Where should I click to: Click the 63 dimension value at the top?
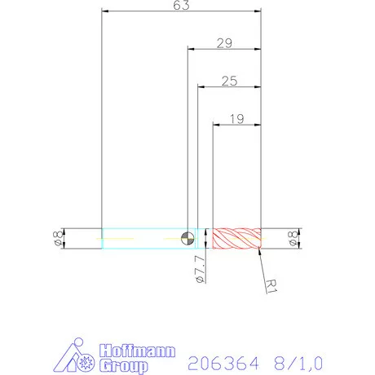[181, 6]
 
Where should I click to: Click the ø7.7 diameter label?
[199, 268]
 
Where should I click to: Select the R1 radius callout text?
[273, 285]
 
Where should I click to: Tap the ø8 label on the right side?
[293, 239]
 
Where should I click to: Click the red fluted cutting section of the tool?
[236, 239]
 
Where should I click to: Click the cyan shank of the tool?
[143, 239]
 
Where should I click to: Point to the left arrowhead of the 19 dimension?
[215, 125]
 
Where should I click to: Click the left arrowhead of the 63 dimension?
[104, 12]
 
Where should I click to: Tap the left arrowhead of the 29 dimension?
[191, 48]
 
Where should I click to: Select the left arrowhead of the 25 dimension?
[201, 86]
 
